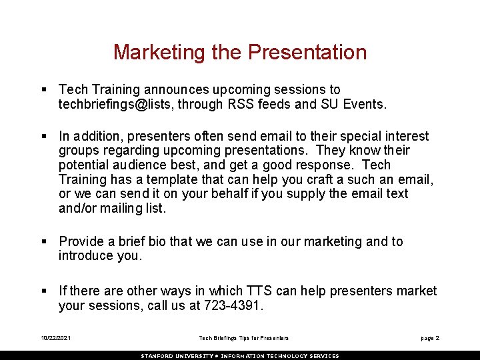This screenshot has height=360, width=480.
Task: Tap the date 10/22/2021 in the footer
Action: coord(55,339)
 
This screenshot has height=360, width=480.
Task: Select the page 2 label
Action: coord(429,339)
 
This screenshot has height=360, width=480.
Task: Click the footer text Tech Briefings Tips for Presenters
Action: coord(244,339)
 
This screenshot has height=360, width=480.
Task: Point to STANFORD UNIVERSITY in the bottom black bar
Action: coord(176,356)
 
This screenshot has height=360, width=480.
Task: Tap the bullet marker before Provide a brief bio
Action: coord(43,242)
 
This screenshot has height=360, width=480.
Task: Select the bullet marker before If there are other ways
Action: coord(43,291)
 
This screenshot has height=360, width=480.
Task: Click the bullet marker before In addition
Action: coord(43,137)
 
